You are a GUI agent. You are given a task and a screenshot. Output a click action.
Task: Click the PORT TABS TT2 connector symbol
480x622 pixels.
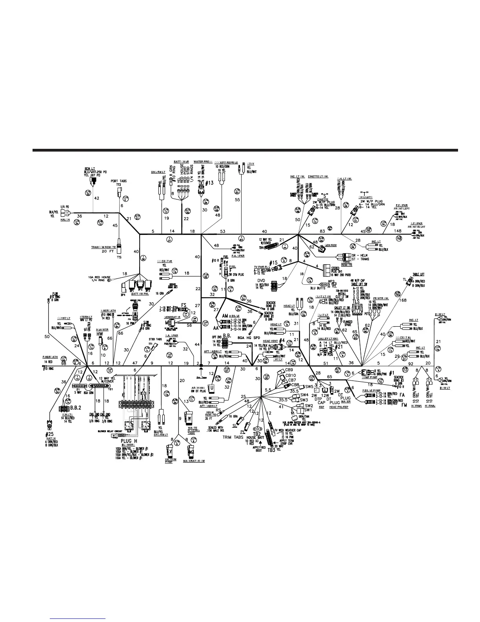[x=119, y=192]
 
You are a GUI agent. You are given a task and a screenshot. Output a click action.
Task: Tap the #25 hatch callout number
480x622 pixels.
[x=49, y=435]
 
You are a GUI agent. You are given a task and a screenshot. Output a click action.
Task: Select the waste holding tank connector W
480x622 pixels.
[x=190, y=417]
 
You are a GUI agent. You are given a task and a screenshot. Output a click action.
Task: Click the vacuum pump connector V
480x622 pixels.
[x=171, y=451]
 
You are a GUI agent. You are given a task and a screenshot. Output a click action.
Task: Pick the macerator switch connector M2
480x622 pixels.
[x=191, y=452]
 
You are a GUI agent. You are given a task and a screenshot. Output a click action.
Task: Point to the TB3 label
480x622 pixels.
[x=272, y=450]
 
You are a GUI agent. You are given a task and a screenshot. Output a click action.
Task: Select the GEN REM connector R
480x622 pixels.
[x=322, y=249]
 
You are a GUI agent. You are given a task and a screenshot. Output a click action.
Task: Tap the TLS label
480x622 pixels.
[x=356, y=302]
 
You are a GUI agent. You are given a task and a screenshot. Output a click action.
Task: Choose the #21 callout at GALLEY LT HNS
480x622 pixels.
[x=339, y=347]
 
